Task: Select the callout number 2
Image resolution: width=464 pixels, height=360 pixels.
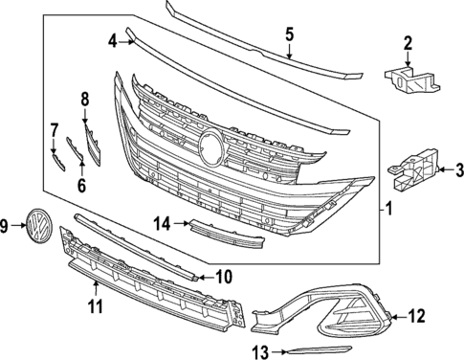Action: click(x=407, y=42)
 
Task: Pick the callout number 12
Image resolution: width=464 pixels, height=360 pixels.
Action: click(x=416, y=314)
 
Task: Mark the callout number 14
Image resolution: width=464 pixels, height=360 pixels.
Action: click(x=164, y=223)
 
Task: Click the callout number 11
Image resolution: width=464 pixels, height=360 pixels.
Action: click(x=96, y=306)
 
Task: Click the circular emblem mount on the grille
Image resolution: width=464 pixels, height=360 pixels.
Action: click(x=210, y=146)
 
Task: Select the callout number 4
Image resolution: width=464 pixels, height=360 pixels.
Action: click(x=112, y=41)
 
